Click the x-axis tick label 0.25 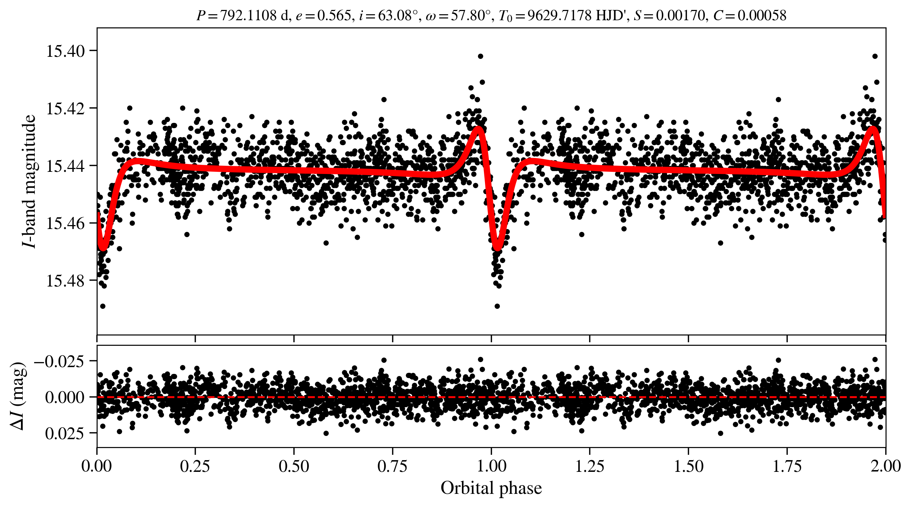pos(195,466)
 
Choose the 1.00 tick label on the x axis pos(491,466)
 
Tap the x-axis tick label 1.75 pos(787,466)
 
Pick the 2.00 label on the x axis pos(886,466)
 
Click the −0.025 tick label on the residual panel pos(59,361)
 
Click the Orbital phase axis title pos(491,488)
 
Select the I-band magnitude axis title pos(29,181)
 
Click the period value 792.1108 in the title pos(248,16)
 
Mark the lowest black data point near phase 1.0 pos(497,306)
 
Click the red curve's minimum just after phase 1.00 pos(498,248)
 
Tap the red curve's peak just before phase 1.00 pos(479,128)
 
